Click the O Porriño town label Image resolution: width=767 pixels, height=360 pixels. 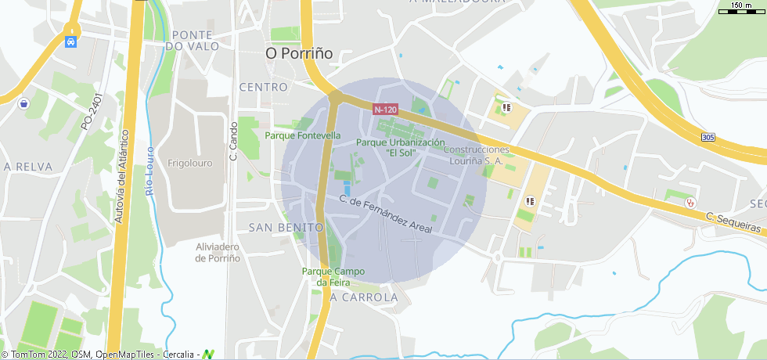pos(299,53)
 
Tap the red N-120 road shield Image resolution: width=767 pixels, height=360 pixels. pos(385,110)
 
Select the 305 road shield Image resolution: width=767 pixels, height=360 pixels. pos(708,138)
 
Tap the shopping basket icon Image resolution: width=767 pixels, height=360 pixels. pos(24,103)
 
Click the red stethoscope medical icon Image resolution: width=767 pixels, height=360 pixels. pos(690,202)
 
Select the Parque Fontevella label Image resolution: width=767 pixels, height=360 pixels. pos(303,135)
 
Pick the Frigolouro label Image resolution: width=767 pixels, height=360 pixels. pos(190,164)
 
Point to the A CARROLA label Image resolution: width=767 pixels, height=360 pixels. pos(364,298)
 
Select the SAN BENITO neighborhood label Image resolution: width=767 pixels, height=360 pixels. pos(286,227)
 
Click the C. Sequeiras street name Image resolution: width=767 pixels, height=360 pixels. pos(733,222)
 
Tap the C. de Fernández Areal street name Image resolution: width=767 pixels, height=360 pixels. pos(385,213)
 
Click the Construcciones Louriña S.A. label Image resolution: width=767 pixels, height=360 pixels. pos(479,155)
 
